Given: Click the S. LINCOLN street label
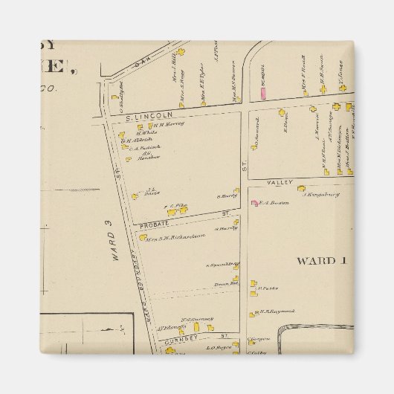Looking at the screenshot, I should point(139,117).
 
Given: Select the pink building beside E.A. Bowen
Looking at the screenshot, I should point(255,203).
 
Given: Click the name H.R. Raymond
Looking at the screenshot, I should point(277,311).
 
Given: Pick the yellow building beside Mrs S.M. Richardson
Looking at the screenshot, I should point(143,237).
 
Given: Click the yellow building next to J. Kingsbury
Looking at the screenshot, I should point(301,189).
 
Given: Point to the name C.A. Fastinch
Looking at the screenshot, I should point(146,148).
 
